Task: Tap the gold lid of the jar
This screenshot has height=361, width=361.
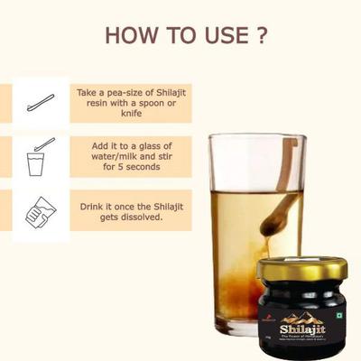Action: pos(302,270)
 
